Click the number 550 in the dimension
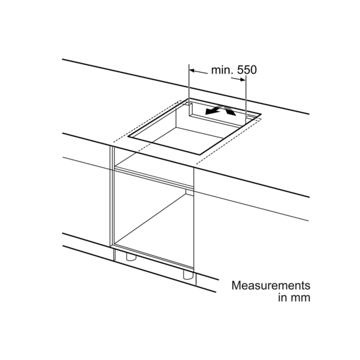pos(247,70)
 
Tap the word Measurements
pos(271,285)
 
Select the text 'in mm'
pos(294,298)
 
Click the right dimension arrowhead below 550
pos(242,79)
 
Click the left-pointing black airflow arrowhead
pos(209,111)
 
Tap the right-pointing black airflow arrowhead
pos(231,112)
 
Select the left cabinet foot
pos(130,256)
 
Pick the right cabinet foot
pos(187,274)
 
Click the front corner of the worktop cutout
pos(199,155)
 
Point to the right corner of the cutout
pos(261,114)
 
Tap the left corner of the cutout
pos(128,137)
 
